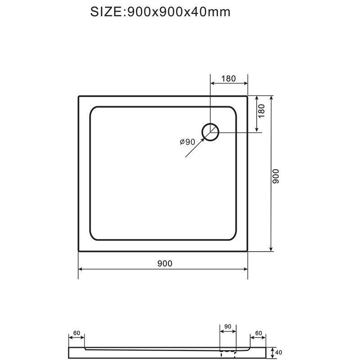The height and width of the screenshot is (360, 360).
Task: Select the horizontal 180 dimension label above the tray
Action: tap(229, 78)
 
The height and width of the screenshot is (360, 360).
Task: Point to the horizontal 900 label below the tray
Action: tap(165, 264)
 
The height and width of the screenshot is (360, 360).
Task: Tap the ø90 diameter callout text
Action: tap(187, 142)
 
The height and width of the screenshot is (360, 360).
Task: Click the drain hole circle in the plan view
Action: tap(211, 132)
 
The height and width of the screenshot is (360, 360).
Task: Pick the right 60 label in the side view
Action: tap(258, 333)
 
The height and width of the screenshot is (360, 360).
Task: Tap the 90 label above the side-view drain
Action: tap(227, 326)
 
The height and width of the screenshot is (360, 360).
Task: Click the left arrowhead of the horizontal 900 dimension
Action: tap(81, 269)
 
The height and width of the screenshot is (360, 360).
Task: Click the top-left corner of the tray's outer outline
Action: tap(79, 96)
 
